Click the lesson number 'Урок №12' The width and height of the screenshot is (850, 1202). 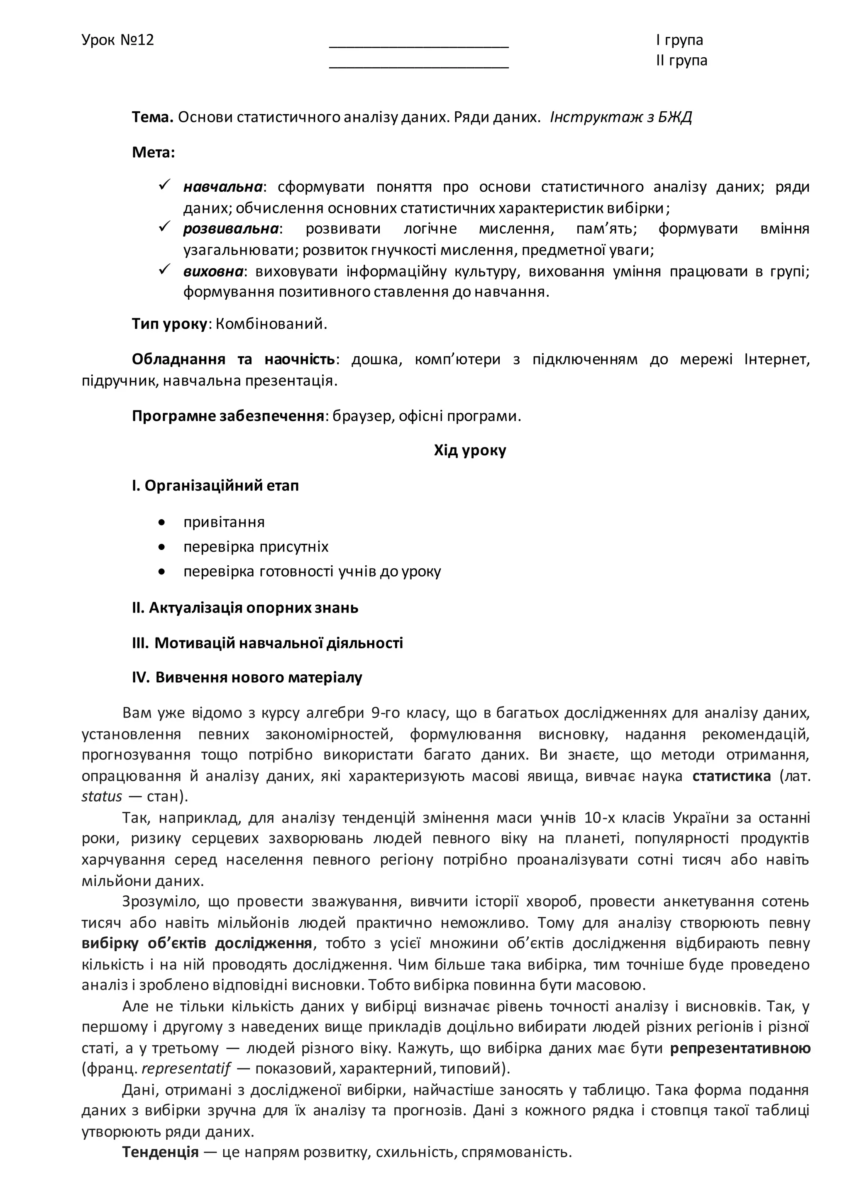point(118,40)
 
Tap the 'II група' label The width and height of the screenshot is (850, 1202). point(681,60)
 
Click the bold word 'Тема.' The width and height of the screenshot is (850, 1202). point(152,117)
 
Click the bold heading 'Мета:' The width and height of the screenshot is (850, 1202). point(153,152)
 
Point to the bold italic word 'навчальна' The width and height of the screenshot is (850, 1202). point(222,187)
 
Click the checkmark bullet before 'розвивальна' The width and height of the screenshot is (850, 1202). point(165,227)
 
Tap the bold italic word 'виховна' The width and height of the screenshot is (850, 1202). point(213,271)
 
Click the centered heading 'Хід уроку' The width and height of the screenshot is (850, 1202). point(469,450)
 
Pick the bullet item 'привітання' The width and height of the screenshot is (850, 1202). point(224,522)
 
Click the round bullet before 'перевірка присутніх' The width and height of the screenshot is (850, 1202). point(162,547)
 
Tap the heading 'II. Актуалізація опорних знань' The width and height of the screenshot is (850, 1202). point(245,607)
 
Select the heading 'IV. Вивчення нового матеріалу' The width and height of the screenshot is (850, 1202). point(247,677)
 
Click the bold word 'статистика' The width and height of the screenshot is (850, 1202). point(731,775)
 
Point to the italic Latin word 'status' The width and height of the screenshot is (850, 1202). point(102,796)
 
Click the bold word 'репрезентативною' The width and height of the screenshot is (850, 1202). point(740,1048)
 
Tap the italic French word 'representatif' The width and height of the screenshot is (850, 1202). point(186,1068)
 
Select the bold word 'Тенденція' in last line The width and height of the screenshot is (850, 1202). point(160,1152)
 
